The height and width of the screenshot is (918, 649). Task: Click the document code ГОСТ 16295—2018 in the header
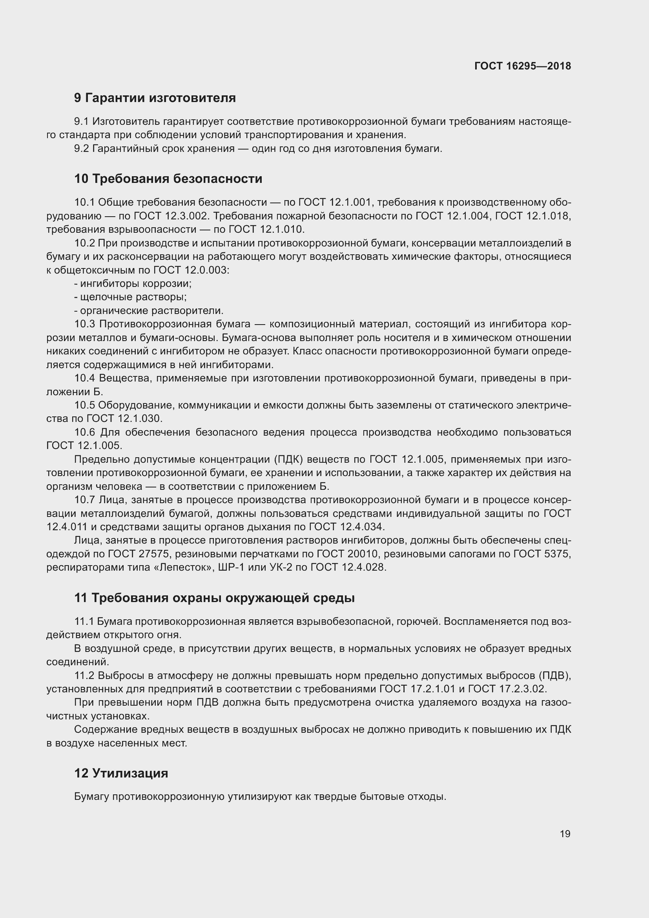point(522,66)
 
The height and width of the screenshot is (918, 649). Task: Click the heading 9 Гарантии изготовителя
point(155,98)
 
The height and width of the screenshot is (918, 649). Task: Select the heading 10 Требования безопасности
point(168,179)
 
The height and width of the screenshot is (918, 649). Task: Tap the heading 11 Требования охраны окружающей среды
point(214,598)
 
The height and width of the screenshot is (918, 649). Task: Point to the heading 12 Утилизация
point(121,773)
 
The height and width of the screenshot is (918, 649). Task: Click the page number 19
point(565,834)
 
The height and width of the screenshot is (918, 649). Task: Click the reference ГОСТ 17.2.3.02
point(507,689)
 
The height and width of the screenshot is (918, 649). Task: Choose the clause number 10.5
point(84,405)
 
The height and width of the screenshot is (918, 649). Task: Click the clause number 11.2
point(84,676)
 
